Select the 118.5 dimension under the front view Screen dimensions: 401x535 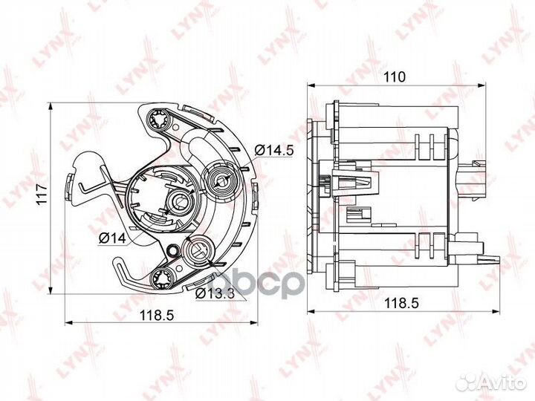click(x=158, y=315)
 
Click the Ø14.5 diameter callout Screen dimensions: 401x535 click(x=274, y=150)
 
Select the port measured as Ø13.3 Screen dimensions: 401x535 click(x=198, y=251)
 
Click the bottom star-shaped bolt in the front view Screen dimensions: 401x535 click(x=160, y=278)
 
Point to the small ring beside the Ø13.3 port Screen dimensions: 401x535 click(x=175, y=251)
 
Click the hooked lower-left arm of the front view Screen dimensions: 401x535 click(x=123, y=264)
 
